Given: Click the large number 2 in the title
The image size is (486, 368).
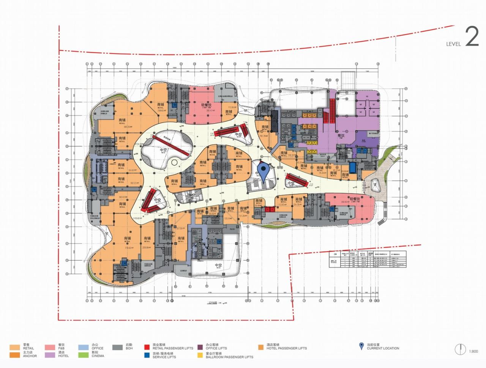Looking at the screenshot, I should pyautogui.click(x=472, y=37).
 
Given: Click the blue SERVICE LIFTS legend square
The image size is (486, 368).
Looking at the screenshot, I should pyautogui.click(x=147, y=355).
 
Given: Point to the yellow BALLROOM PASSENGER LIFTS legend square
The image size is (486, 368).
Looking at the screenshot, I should pyautogui.click(x=199, y=355).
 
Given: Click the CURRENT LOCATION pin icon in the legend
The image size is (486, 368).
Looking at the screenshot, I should pyautogui.click(x=361, y=346).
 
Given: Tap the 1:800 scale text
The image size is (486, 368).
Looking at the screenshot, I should pyautogui.click(x=473, y=351).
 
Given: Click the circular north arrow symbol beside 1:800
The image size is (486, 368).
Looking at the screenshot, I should pyautogui.click(x=461, y=349).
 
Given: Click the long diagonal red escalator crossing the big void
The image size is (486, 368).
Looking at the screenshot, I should pyautogui.click(x=170, y=146).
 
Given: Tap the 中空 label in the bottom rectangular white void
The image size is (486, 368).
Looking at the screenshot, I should pyautogui.click(x=218, y=265).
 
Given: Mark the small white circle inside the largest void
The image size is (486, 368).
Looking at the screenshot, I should pyautogui.click(x=174, y=162).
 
